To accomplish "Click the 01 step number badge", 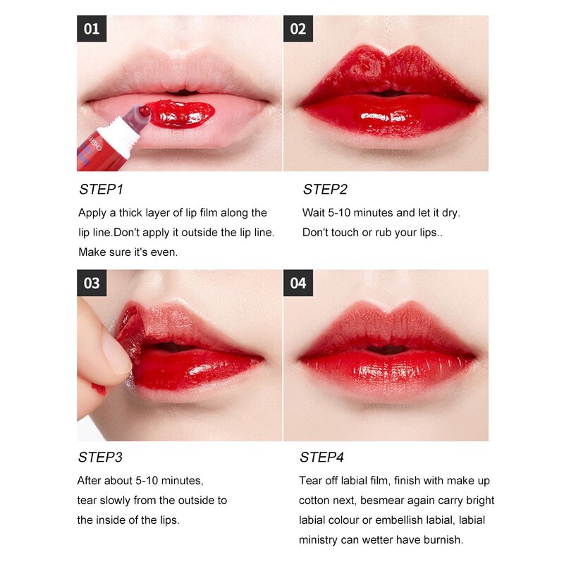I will [x=92, y=30].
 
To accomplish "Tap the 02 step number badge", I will [x=298, y=30].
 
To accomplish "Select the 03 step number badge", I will [x=92, y=283].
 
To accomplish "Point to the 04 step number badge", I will [x=298, y=283].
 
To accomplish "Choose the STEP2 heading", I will [x=325, y=190].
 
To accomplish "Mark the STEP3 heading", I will [x=100, y=458].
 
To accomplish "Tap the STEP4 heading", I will [x=322, y=458].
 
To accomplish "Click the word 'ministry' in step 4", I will [x=321, y=540].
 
